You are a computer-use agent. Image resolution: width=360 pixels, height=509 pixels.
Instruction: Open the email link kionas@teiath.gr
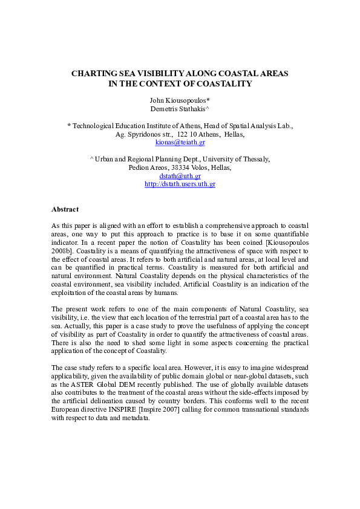point(180,143)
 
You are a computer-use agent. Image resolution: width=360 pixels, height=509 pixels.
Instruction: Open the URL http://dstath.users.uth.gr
point(180,184)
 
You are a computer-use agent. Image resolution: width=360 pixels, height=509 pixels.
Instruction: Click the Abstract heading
point(65,209)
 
